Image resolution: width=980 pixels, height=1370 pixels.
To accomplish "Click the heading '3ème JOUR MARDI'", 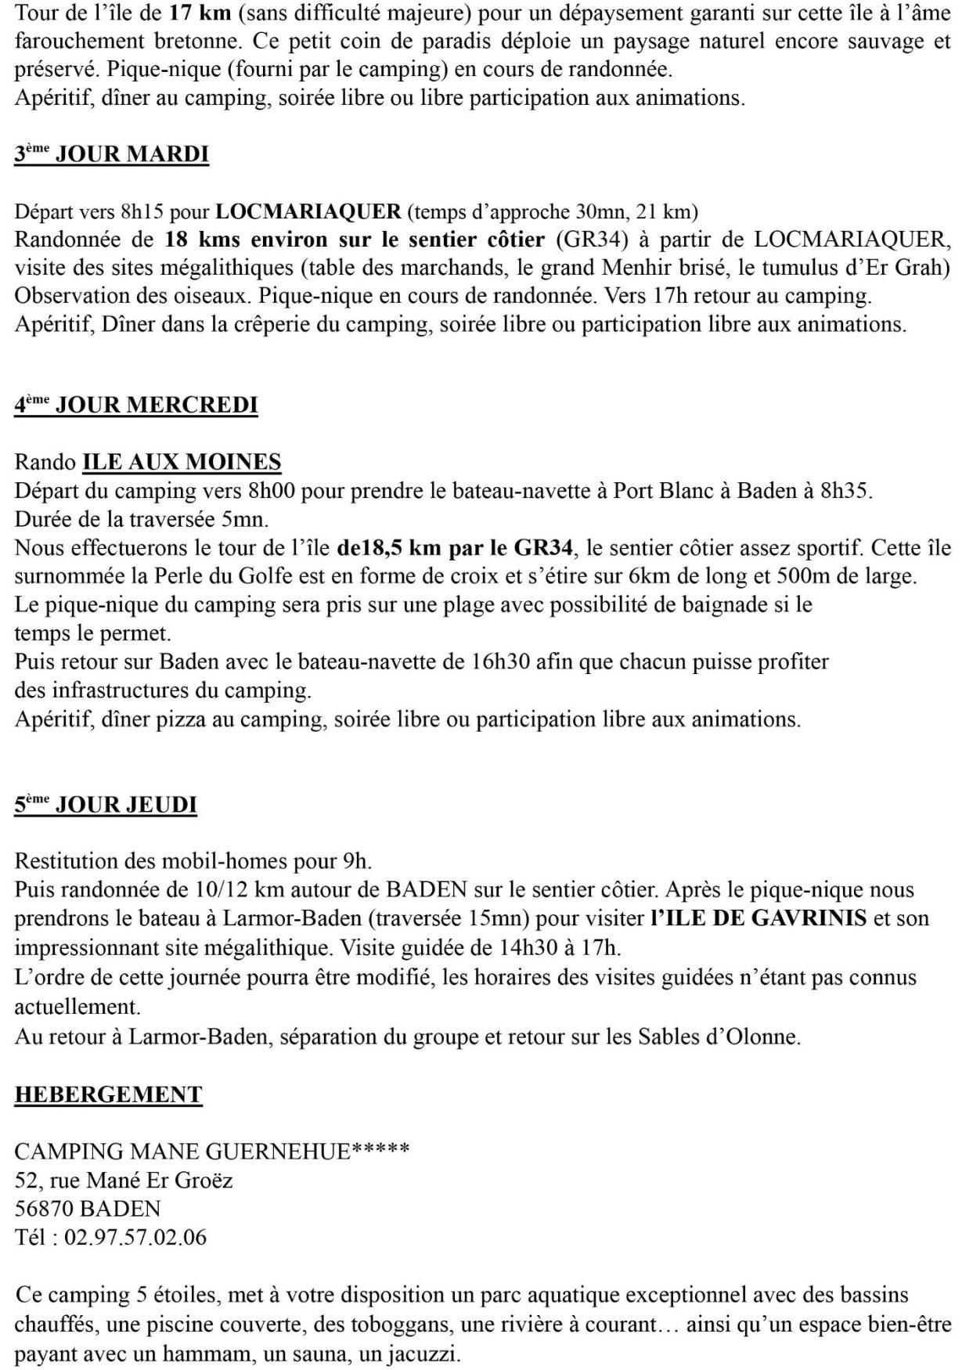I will (x=111, y=154).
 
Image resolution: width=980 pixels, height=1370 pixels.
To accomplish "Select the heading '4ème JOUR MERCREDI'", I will (x=135, y=405).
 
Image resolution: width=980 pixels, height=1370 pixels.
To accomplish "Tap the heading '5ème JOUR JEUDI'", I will (x=105, y=805).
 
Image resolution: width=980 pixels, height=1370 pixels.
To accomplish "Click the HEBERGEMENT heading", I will (x=108, y=1094).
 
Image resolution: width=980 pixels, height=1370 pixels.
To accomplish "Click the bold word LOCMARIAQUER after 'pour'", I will (x=308, y=211).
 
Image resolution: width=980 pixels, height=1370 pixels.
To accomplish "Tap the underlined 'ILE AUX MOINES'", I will (x=182, y=462).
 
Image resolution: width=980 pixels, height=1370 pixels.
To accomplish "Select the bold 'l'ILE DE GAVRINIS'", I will (x=758, y=918).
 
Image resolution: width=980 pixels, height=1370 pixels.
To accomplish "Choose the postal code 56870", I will (x=44, y=1209).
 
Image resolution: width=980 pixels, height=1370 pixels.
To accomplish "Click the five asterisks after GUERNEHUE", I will (x=380, y=1151).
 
